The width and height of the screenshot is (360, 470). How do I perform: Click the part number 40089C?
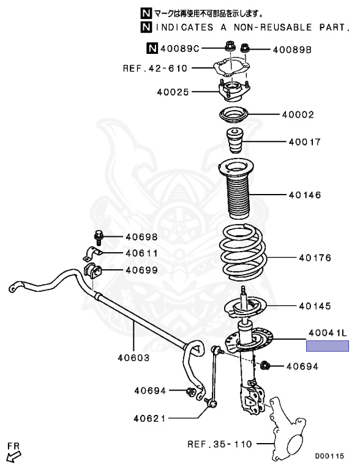[x=180, y=48]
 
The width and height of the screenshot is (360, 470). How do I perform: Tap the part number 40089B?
[x=292, y=50]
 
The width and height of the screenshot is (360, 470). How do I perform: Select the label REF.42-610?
[x=155, y=69]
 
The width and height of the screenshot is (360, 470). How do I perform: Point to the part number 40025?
[x=173, y=92]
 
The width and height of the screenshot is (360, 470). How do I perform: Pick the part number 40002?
[x=298, y=114]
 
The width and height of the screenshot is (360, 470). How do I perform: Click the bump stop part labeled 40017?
[x=234, y=141]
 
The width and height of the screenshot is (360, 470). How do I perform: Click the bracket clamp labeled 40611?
[x=92, y=254]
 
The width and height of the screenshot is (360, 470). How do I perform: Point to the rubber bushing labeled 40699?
[x=92, y=270]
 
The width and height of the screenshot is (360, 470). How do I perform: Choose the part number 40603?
[x=133, y=357]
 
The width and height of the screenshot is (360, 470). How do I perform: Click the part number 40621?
[x=149, y=418]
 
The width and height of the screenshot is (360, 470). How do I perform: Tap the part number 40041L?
[x=328, y=333]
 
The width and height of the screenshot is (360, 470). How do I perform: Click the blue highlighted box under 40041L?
[x=328, y=346]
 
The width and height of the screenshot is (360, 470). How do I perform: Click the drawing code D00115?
[x=329, y=456]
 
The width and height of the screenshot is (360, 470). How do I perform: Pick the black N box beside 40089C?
[x=152, y=48]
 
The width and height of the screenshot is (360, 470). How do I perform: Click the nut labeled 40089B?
[x=244, y=48]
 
